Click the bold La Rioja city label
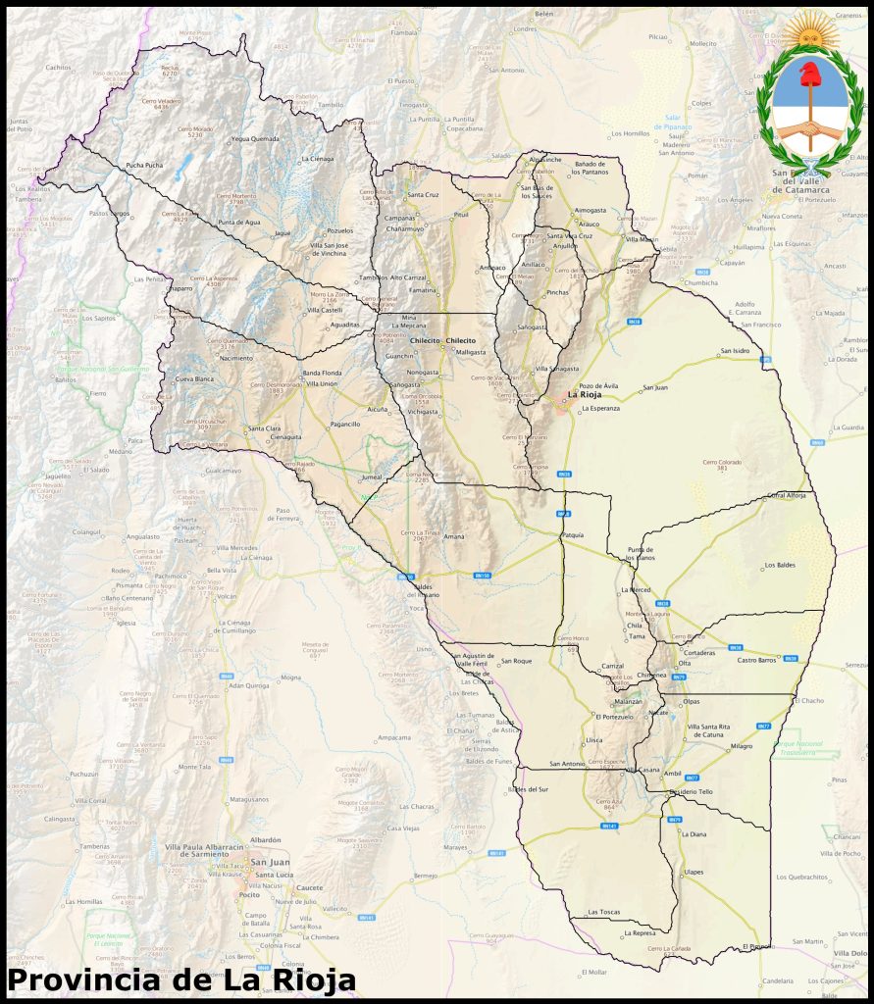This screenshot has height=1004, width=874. coord(585,397)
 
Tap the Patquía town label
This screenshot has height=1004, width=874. coord(574,535)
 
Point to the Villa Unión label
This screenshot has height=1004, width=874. coord(323,383)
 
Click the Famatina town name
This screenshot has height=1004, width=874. coord(423,291)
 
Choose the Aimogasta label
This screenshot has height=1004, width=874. coord(591,210)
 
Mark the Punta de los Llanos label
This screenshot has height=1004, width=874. coord(641,554)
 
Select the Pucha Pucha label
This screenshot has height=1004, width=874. coord(144,166)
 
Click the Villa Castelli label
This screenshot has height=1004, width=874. coord(325,310)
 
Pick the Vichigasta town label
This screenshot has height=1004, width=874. coord(423,412)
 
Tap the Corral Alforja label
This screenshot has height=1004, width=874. coord(786,495)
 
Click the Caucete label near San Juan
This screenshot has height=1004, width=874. coord(309,886)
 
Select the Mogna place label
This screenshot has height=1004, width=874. coord(290,678)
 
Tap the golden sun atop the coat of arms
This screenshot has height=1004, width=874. coord(810,30)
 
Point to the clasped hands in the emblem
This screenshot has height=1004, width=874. coord(810,128)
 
